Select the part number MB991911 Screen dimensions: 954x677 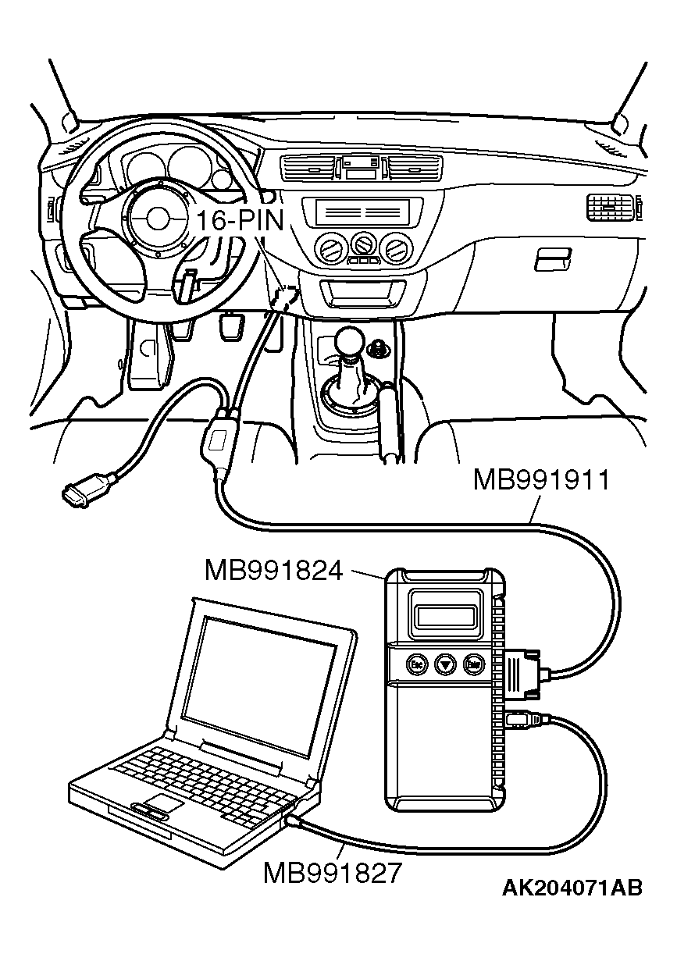540,479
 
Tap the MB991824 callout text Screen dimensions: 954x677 273,570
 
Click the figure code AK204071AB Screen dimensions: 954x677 572,888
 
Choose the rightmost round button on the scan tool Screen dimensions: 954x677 472,664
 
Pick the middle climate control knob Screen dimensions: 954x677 362,244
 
